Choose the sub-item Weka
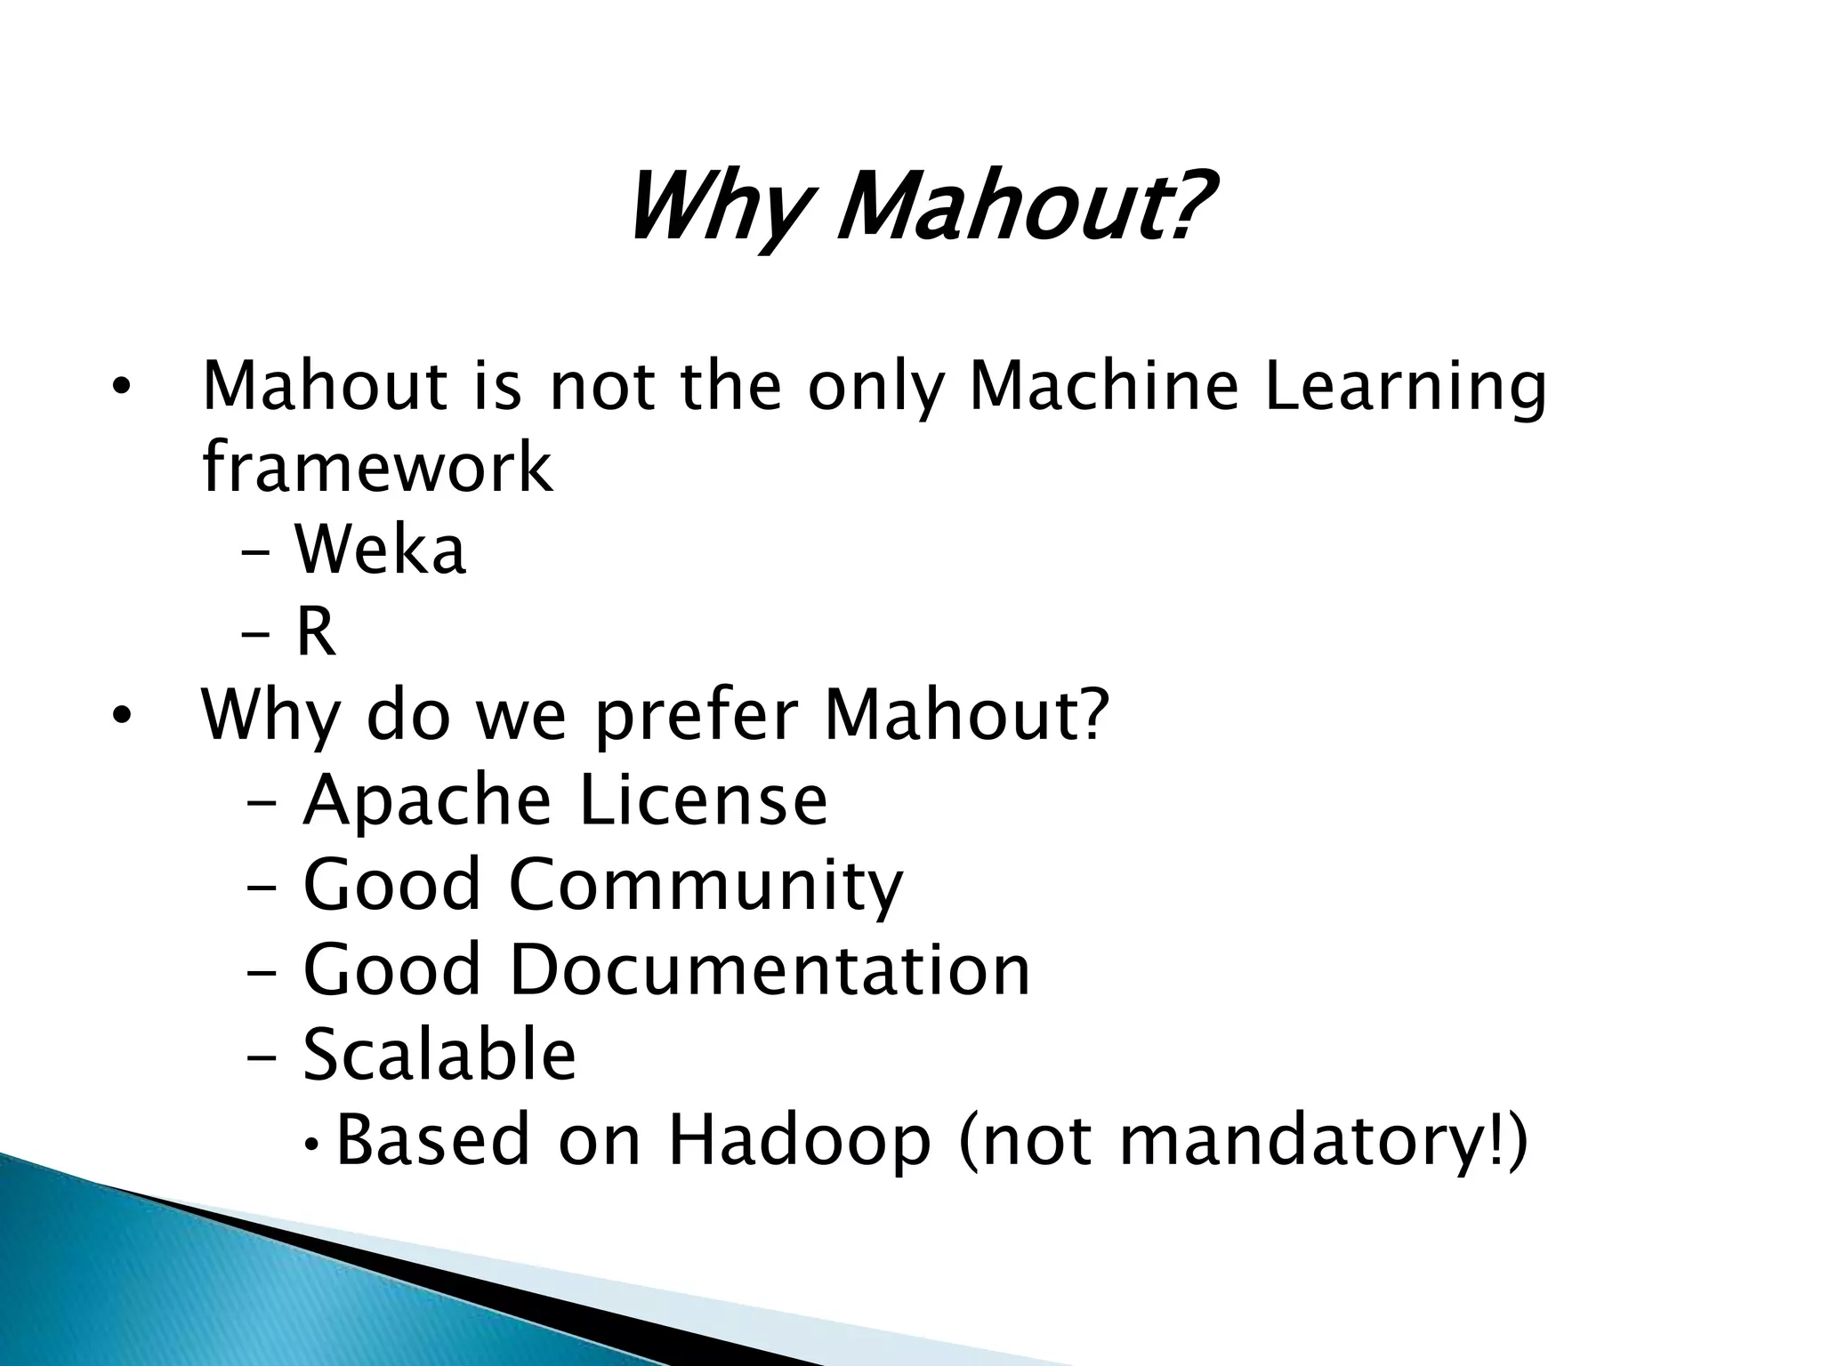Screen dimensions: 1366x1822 (380, 550)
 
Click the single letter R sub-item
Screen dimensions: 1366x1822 (316, 631)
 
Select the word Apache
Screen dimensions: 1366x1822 (427, 800)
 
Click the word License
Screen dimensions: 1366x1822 (703, 800)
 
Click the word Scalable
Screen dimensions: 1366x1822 (439, 1054)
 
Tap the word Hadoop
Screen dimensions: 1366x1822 (799, 1139)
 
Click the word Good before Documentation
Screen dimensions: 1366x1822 (391, 968)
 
